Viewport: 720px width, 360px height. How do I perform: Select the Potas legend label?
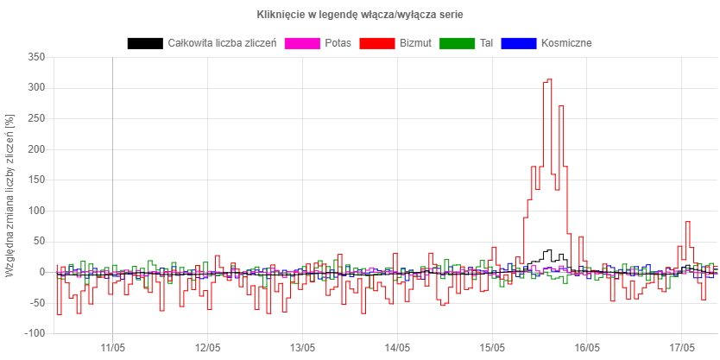[x=338, y=42]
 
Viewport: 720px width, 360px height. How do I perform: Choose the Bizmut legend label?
[x=415, y=42]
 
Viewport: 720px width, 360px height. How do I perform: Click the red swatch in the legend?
[x=376, y=42]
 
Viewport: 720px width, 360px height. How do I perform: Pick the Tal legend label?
[x=486, y=42]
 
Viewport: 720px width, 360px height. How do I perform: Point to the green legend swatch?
[x=457, y=42]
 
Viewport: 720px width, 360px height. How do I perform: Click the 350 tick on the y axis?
[x=36, y=57]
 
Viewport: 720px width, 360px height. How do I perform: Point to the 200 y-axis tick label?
[x=36, y=149]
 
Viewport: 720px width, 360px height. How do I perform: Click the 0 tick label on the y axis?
[x=41, y=272]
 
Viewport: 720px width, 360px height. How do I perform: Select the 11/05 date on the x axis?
[x=113, y=347]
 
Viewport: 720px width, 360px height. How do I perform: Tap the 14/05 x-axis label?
[x=397, y=347]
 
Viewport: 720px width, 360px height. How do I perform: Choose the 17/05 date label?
[x=682, y=347]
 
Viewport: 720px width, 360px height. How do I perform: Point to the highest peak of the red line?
[x=548, y=79]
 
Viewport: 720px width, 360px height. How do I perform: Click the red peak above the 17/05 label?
[x=688, y=222]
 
